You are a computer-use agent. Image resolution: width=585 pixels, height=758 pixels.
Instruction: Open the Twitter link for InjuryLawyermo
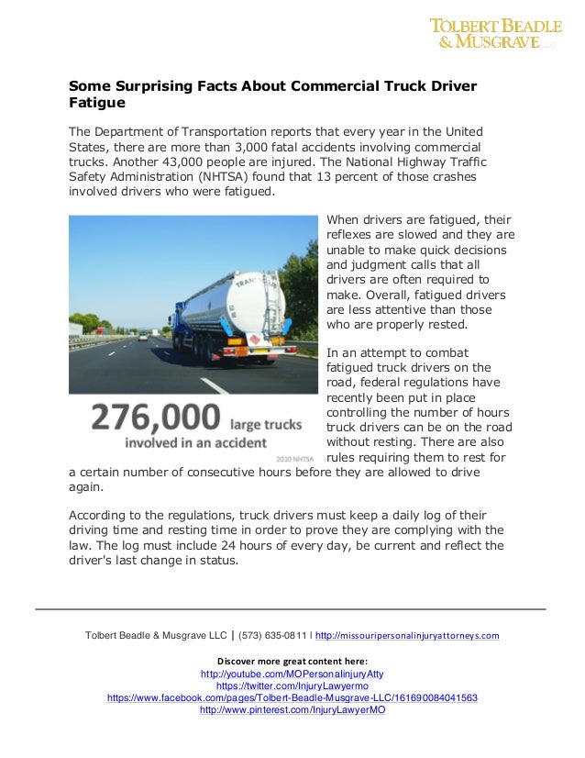pyautogui.click(x=292, y=686)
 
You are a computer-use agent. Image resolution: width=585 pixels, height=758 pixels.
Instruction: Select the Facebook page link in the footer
pyautogui.click(x=292, y=697)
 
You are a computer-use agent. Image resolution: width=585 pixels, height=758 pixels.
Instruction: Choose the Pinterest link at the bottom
pyautogui.click(x=292, y=709)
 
